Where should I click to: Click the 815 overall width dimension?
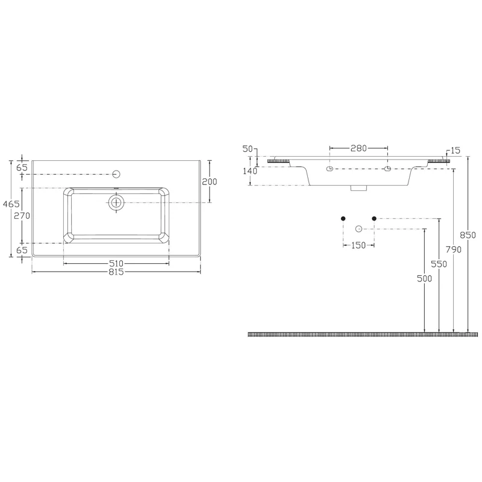pos(116,272)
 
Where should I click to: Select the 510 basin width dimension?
pos(116,263)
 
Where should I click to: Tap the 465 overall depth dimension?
pos(11,204)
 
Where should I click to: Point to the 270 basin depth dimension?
pos(22,216)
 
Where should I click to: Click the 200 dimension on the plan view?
pos(210,182)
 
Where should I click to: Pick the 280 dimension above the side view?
pos(358,148)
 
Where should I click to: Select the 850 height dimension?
pos(468,235)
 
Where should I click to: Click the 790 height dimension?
pos(454,249)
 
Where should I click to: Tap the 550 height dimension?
pos(439,264)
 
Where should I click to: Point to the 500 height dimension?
pos(425,278)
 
